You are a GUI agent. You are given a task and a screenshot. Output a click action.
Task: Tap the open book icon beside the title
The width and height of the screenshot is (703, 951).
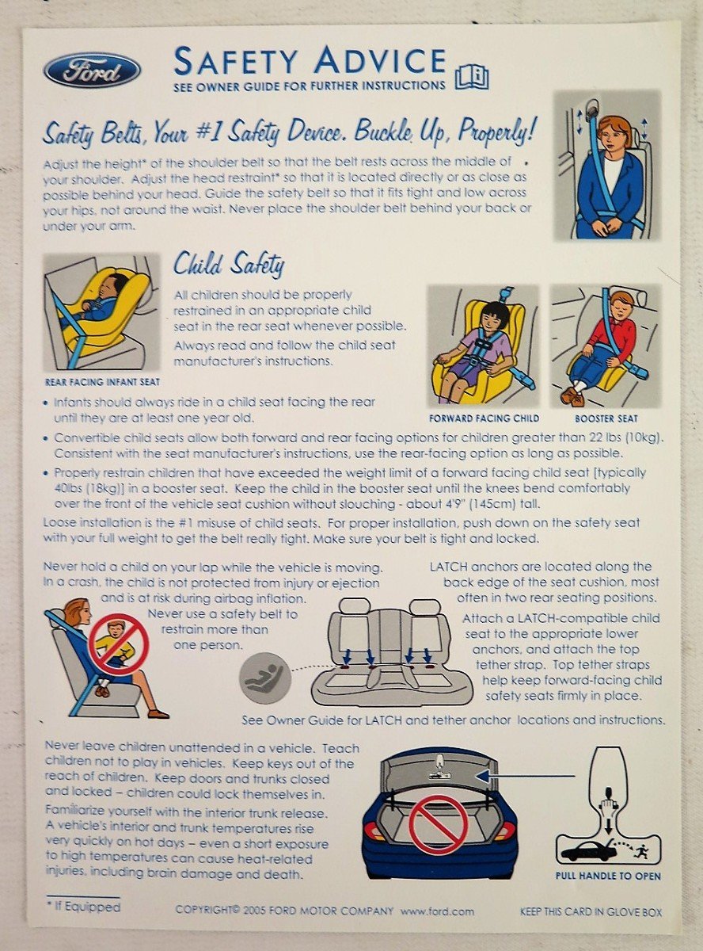[x=472, y=78]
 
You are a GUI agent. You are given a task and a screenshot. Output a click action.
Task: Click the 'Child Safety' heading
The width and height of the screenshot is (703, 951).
[x=228, y=263]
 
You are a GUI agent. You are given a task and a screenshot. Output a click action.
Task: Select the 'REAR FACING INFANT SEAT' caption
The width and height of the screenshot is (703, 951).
[x=102, y=382]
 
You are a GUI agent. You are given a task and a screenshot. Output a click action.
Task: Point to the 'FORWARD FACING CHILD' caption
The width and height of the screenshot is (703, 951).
[x=484, y=418]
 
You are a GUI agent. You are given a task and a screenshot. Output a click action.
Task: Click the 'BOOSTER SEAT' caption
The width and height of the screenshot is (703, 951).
[x=606, y=418]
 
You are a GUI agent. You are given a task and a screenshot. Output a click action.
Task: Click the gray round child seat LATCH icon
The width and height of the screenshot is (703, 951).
[x=266, y=678]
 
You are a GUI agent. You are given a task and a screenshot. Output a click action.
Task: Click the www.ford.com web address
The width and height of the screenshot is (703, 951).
[x=437, y=911]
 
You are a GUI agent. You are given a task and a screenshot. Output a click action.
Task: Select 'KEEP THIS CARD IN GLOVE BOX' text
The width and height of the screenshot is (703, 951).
[x=591, y=912]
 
